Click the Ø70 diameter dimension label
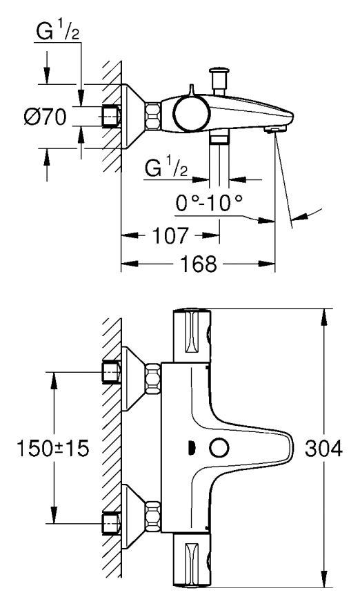(x=45, y=117)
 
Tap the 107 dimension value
(x=171, y=235)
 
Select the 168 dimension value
(x=199, y=264)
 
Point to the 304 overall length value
(x=323, y=449)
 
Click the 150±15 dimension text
(x=53, y=449)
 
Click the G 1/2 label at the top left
(x=57, y=32)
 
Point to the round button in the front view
(x=219, y=449)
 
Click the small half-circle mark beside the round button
(x=191, y=449)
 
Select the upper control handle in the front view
(x=192, y=335)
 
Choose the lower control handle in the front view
(x=192, y=560)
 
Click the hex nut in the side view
(x=153, y=115)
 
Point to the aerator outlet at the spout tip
(x=274, y=129)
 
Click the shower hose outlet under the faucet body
(x=219, y=137)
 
